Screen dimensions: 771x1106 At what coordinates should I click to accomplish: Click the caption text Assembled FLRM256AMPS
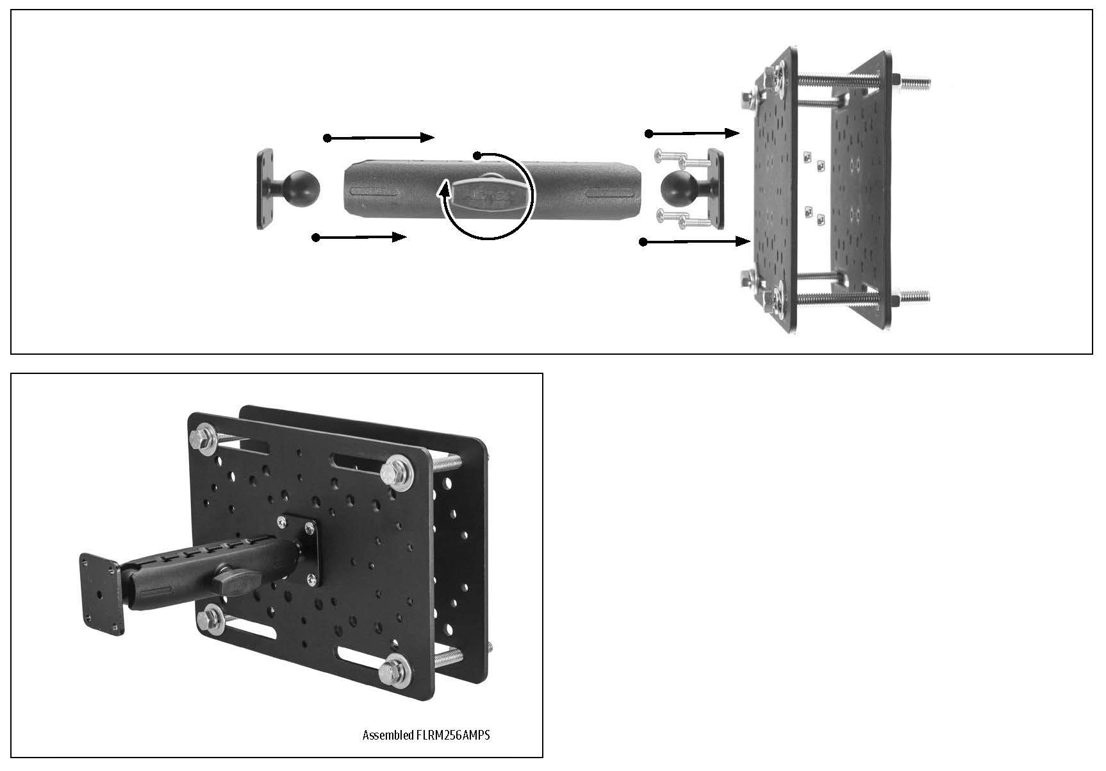(x=425, y=734)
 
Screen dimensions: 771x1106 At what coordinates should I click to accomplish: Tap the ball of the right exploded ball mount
(x=679, y=186)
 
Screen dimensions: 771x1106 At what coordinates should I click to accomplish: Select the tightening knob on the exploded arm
(x=484, y=195)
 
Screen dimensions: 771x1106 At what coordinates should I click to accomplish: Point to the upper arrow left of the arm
(x=381, y=138)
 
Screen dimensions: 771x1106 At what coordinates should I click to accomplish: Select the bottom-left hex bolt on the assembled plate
(x=210, y=620)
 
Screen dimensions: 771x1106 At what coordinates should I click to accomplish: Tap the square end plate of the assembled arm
(x=101, y=594)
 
